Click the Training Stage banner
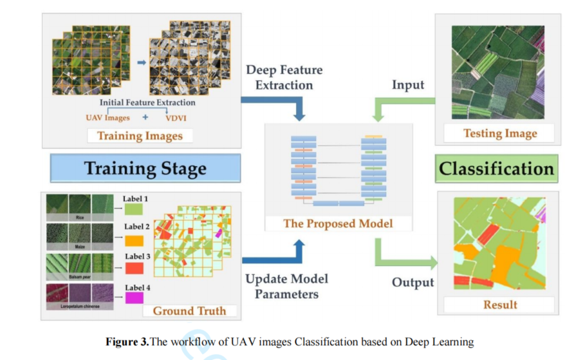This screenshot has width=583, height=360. coord(145,169)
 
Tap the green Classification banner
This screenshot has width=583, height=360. coord(495,169)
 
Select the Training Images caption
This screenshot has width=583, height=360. coord(140,135)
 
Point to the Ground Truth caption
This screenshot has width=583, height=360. coord(189,310)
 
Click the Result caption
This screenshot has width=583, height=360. coord(500,305)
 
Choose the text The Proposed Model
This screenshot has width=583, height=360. coord(338,224)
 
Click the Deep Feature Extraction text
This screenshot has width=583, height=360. coord(284,77)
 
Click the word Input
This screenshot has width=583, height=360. coord(408,85)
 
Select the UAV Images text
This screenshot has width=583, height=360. coord(107,118)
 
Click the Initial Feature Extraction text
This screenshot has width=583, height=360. coord(147,102)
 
